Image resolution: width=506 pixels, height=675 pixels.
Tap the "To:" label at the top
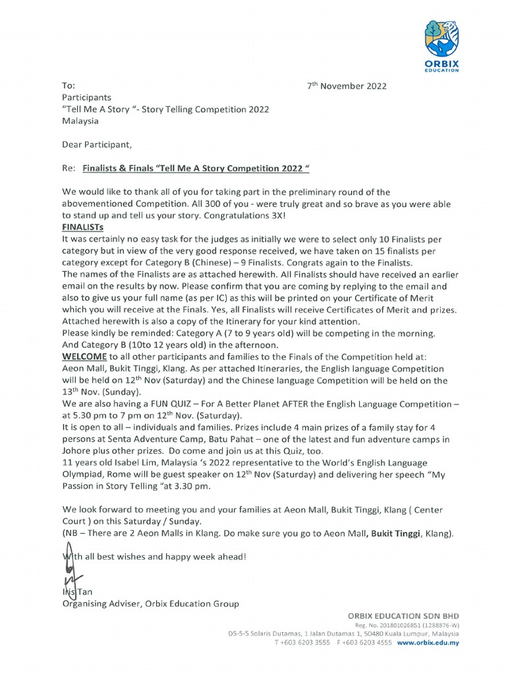coord(69,86)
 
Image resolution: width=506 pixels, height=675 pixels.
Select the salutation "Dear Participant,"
coord(97,144)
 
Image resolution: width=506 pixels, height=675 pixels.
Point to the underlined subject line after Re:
coord(196,168)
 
